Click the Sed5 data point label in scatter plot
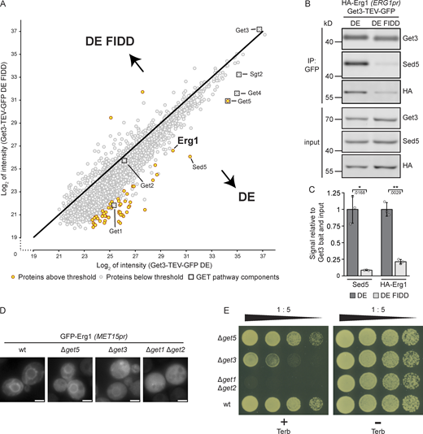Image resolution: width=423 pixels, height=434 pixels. [199, 168]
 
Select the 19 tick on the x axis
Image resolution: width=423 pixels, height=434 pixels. [33, 254]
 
